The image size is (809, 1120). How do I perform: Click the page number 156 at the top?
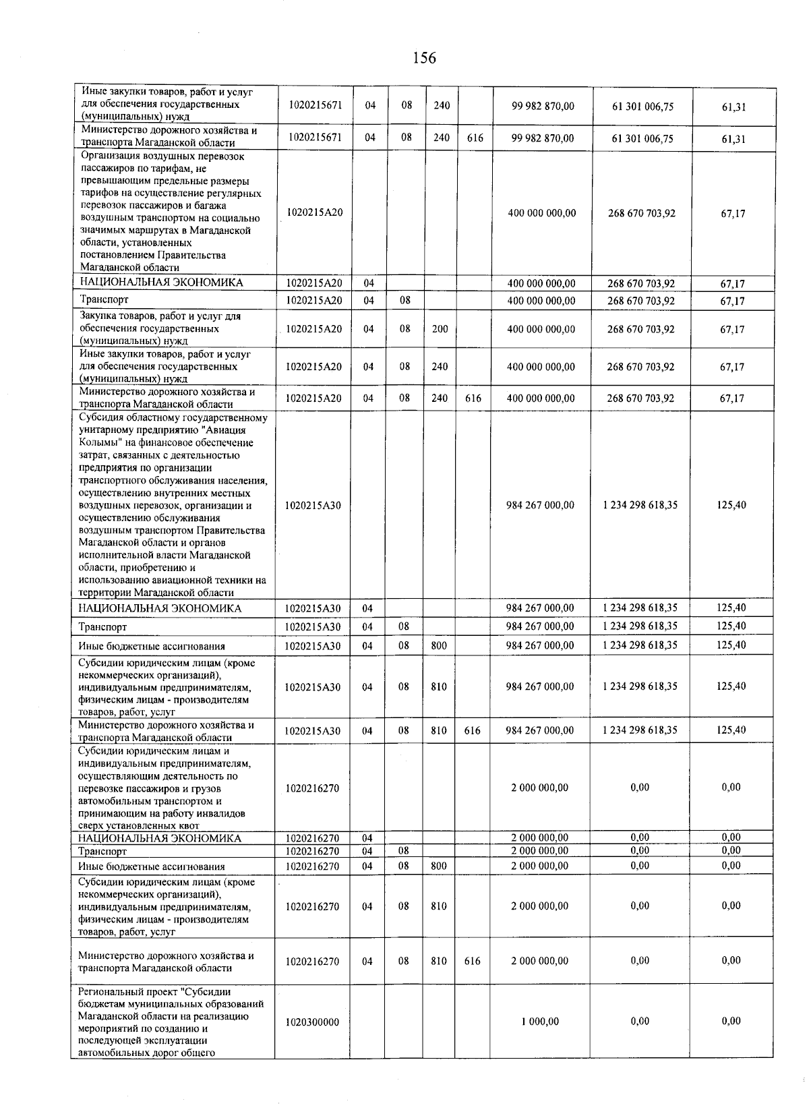424,59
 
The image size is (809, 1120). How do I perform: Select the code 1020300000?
312,1022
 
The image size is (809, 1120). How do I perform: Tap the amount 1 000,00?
539,1022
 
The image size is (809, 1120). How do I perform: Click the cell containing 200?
440,329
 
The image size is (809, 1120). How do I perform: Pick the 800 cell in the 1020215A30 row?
439,645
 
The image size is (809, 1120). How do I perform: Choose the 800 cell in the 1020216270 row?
439,866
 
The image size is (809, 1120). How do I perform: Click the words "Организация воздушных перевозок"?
162,156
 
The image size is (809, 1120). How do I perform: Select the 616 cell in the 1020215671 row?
475,138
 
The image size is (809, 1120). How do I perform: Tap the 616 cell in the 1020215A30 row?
473,730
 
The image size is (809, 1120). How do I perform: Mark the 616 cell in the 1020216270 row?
473,961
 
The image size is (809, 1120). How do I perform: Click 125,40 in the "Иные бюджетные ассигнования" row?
731,645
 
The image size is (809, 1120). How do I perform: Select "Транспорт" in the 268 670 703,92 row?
104,299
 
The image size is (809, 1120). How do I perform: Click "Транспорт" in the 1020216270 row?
102,852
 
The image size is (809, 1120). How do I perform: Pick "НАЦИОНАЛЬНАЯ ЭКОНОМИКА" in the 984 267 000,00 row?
160,608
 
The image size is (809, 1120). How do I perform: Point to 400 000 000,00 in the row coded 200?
541,329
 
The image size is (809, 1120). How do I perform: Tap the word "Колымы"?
98,442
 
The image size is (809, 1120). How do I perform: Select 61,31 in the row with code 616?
733,138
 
